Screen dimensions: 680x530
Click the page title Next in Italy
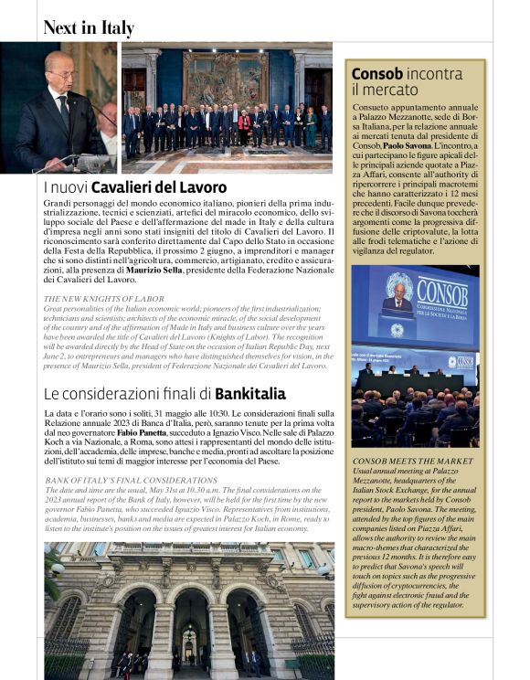coord(89,27)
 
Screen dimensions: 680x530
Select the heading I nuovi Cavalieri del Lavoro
coord(135,187)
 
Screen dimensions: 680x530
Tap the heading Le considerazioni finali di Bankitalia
coord(164,394)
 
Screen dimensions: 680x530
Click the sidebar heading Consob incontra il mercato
coord(407,80)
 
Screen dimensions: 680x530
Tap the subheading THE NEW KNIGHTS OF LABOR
coord(106,299)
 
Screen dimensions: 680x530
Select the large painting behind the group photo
coord(226,77)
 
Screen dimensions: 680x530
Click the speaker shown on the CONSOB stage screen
coord(397,300)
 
